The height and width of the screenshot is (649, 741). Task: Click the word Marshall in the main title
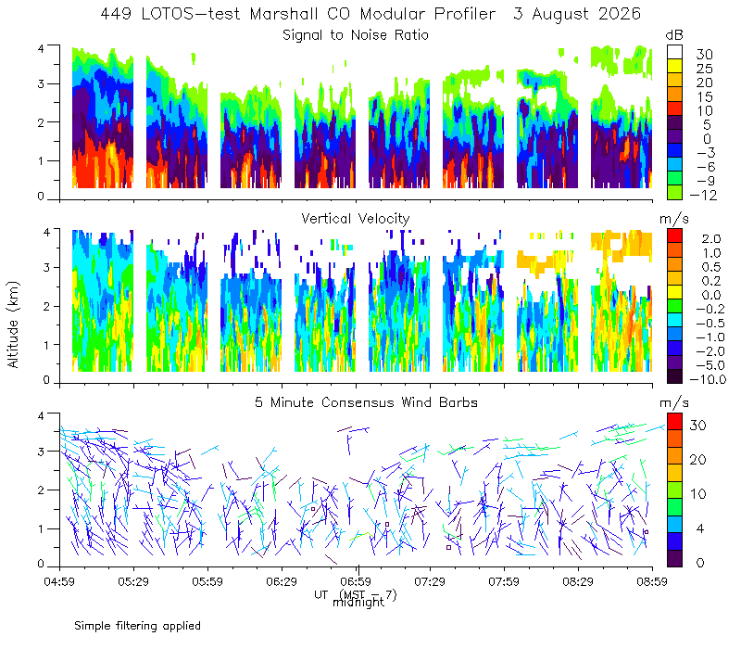click(x=283, y=14)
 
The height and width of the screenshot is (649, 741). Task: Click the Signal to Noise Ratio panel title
click(x=356, y=35)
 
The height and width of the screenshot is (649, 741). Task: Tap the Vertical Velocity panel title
click(x=356, y=219)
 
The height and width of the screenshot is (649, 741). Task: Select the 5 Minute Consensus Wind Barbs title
click(x=366, y=402)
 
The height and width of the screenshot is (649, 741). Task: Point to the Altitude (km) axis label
click(x=13, y=324)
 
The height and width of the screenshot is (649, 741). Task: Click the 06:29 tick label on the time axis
click(x=282, y=581)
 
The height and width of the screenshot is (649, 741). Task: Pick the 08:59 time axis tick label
click(x=652, y=581)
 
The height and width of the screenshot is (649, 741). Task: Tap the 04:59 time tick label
click(x=59, y=581)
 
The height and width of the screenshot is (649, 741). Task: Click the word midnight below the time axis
click(x=358, y=603)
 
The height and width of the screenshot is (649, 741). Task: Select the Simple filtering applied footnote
click(x=137, y=626)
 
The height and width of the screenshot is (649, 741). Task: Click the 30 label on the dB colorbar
click(x=704, y=55)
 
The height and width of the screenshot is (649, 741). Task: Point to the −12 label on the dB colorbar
click(x=703, y=195)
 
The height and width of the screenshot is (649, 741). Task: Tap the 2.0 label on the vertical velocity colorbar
click(x=711, y=238)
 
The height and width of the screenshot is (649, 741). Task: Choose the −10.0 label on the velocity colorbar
click(x=708, y=379)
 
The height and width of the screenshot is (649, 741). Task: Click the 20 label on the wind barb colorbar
click(x=698, y=459)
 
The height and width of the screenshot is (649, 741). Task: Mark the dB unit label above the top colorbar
click(x=674, y=35)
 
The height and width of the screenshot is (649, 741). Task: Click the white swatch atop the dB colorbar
click(x=674, y=52)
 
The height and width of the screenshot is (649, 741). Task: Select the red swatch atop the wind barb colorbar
click(x=674, y=421)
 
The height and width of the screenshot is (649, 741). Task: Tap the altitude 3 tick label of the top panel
click(x=41, y=84)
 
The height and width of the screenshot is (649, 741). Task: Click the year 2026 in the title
click(x=619, y=14)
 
